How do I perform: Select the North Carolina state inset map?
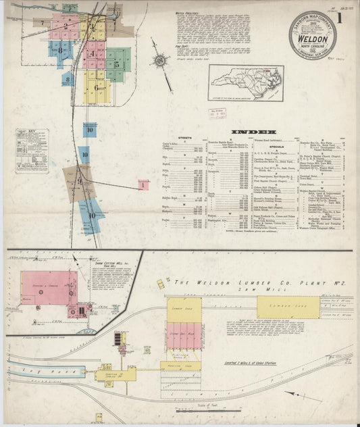coord(245,82)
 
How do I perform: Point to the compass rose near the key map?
coord(161,61)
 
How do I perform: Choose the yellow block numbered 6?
coord(97,88)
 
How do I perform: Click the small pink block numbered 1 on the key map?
coord(143,184)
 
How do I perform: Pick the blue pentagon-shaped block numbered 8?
coord(67,79)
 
